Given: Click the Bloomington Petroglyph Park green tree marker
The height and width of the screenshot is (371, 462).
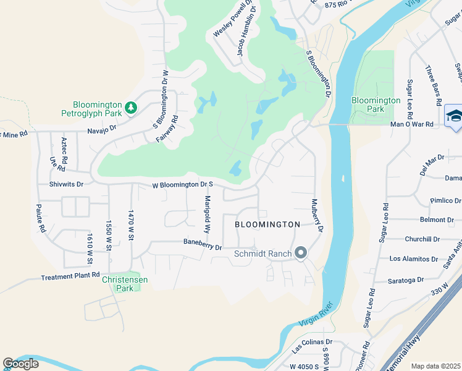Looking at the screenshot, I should coord(130,108).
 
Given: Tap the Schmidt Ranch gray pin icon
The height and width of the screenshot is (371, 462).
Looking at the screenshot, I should coord(301,253).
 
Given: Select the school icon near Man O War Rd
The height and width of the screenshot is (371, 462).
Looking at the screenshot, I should coord(454,116).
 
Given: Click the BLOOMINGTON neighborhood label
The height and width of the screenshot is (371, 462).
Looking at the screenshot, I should coord(267,224).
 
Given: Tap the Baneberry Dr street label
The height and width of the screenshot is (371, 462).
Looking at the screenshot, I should coord(202,245).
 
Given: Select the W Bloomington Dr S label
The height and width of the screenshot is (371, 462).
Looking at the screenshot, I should coord(183,184).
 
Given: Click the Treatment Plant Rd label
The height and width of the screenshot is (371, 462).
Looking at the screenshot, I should coord(70,276).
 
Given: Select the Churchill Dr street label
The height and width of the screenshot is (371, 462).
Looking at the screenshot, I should coord(422,239).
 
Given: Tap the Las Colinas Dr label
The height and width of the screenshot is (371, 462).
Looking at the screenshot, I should coord(312,342).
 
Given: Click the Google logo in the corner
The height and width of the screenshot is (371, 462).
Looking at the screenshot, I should coord(21,364).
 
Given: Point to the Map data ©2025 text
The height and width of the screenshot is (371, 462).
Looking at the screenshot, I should coord(436,366).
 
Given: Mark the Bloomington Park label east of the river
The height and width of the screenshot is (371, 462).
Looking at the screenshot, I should coord(376,104).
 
